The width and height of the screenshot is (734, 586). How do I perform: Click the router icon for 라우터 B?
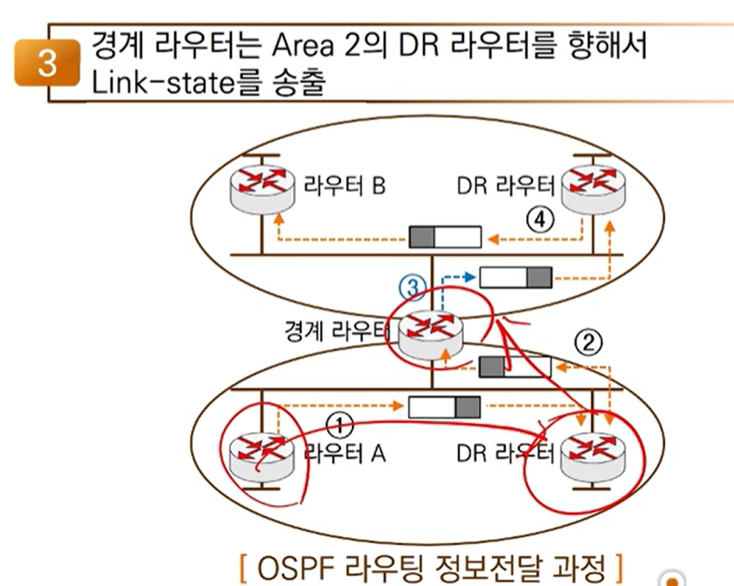(x=263, y=186)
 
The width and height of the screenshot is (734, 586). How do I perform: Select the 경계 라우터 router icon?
(x=430, y=332)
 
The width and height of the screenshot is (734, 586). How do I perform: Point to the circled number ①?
(x=341, y=424)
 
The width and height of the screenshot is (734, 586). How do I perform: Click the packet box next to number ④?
(x=445, y=237)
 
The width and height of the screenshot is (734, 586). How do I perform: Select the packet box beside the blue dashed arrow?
(x=515, y=277)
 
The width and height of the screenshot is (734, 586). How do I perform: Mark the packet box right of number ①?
(x=445, y=407)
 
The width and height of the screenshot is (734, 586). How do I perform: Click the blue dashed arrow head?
(x=469, y=277)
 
